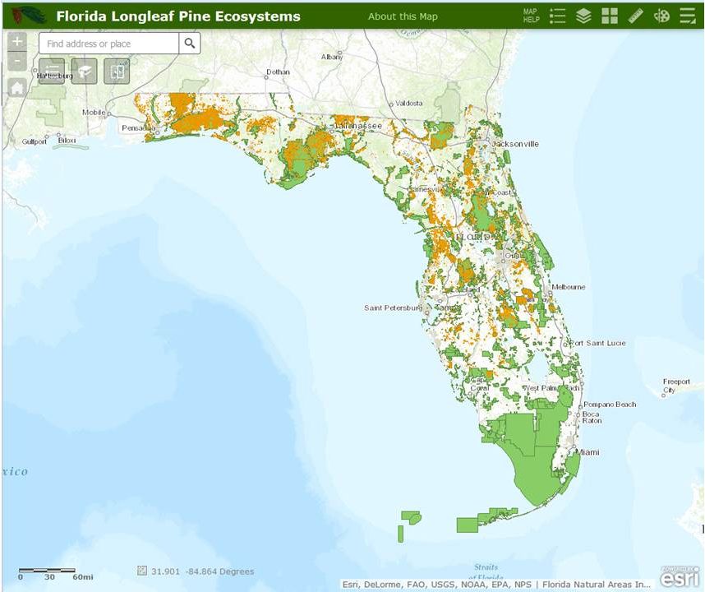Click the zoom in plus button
[17, 41]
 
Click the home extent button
[16, 88]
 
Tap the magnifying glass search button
[190, 44]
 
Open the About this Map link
[403, 16]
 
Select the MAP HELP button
[531, 16]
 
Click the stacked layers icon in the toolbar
[583, 16]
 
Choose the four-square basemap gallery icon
[609, 16]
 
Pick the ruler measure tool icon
[635, 16]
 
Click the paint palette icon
[661, 16]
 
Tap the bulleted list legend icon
[558, 16]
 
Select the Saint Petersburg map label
[393, 308]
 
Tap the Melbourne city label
[569, 287]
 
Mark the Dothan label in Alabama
[279, 72]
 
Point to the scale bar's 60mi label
[83, 577]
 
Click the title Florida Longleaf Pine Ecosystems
[178, 16]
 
